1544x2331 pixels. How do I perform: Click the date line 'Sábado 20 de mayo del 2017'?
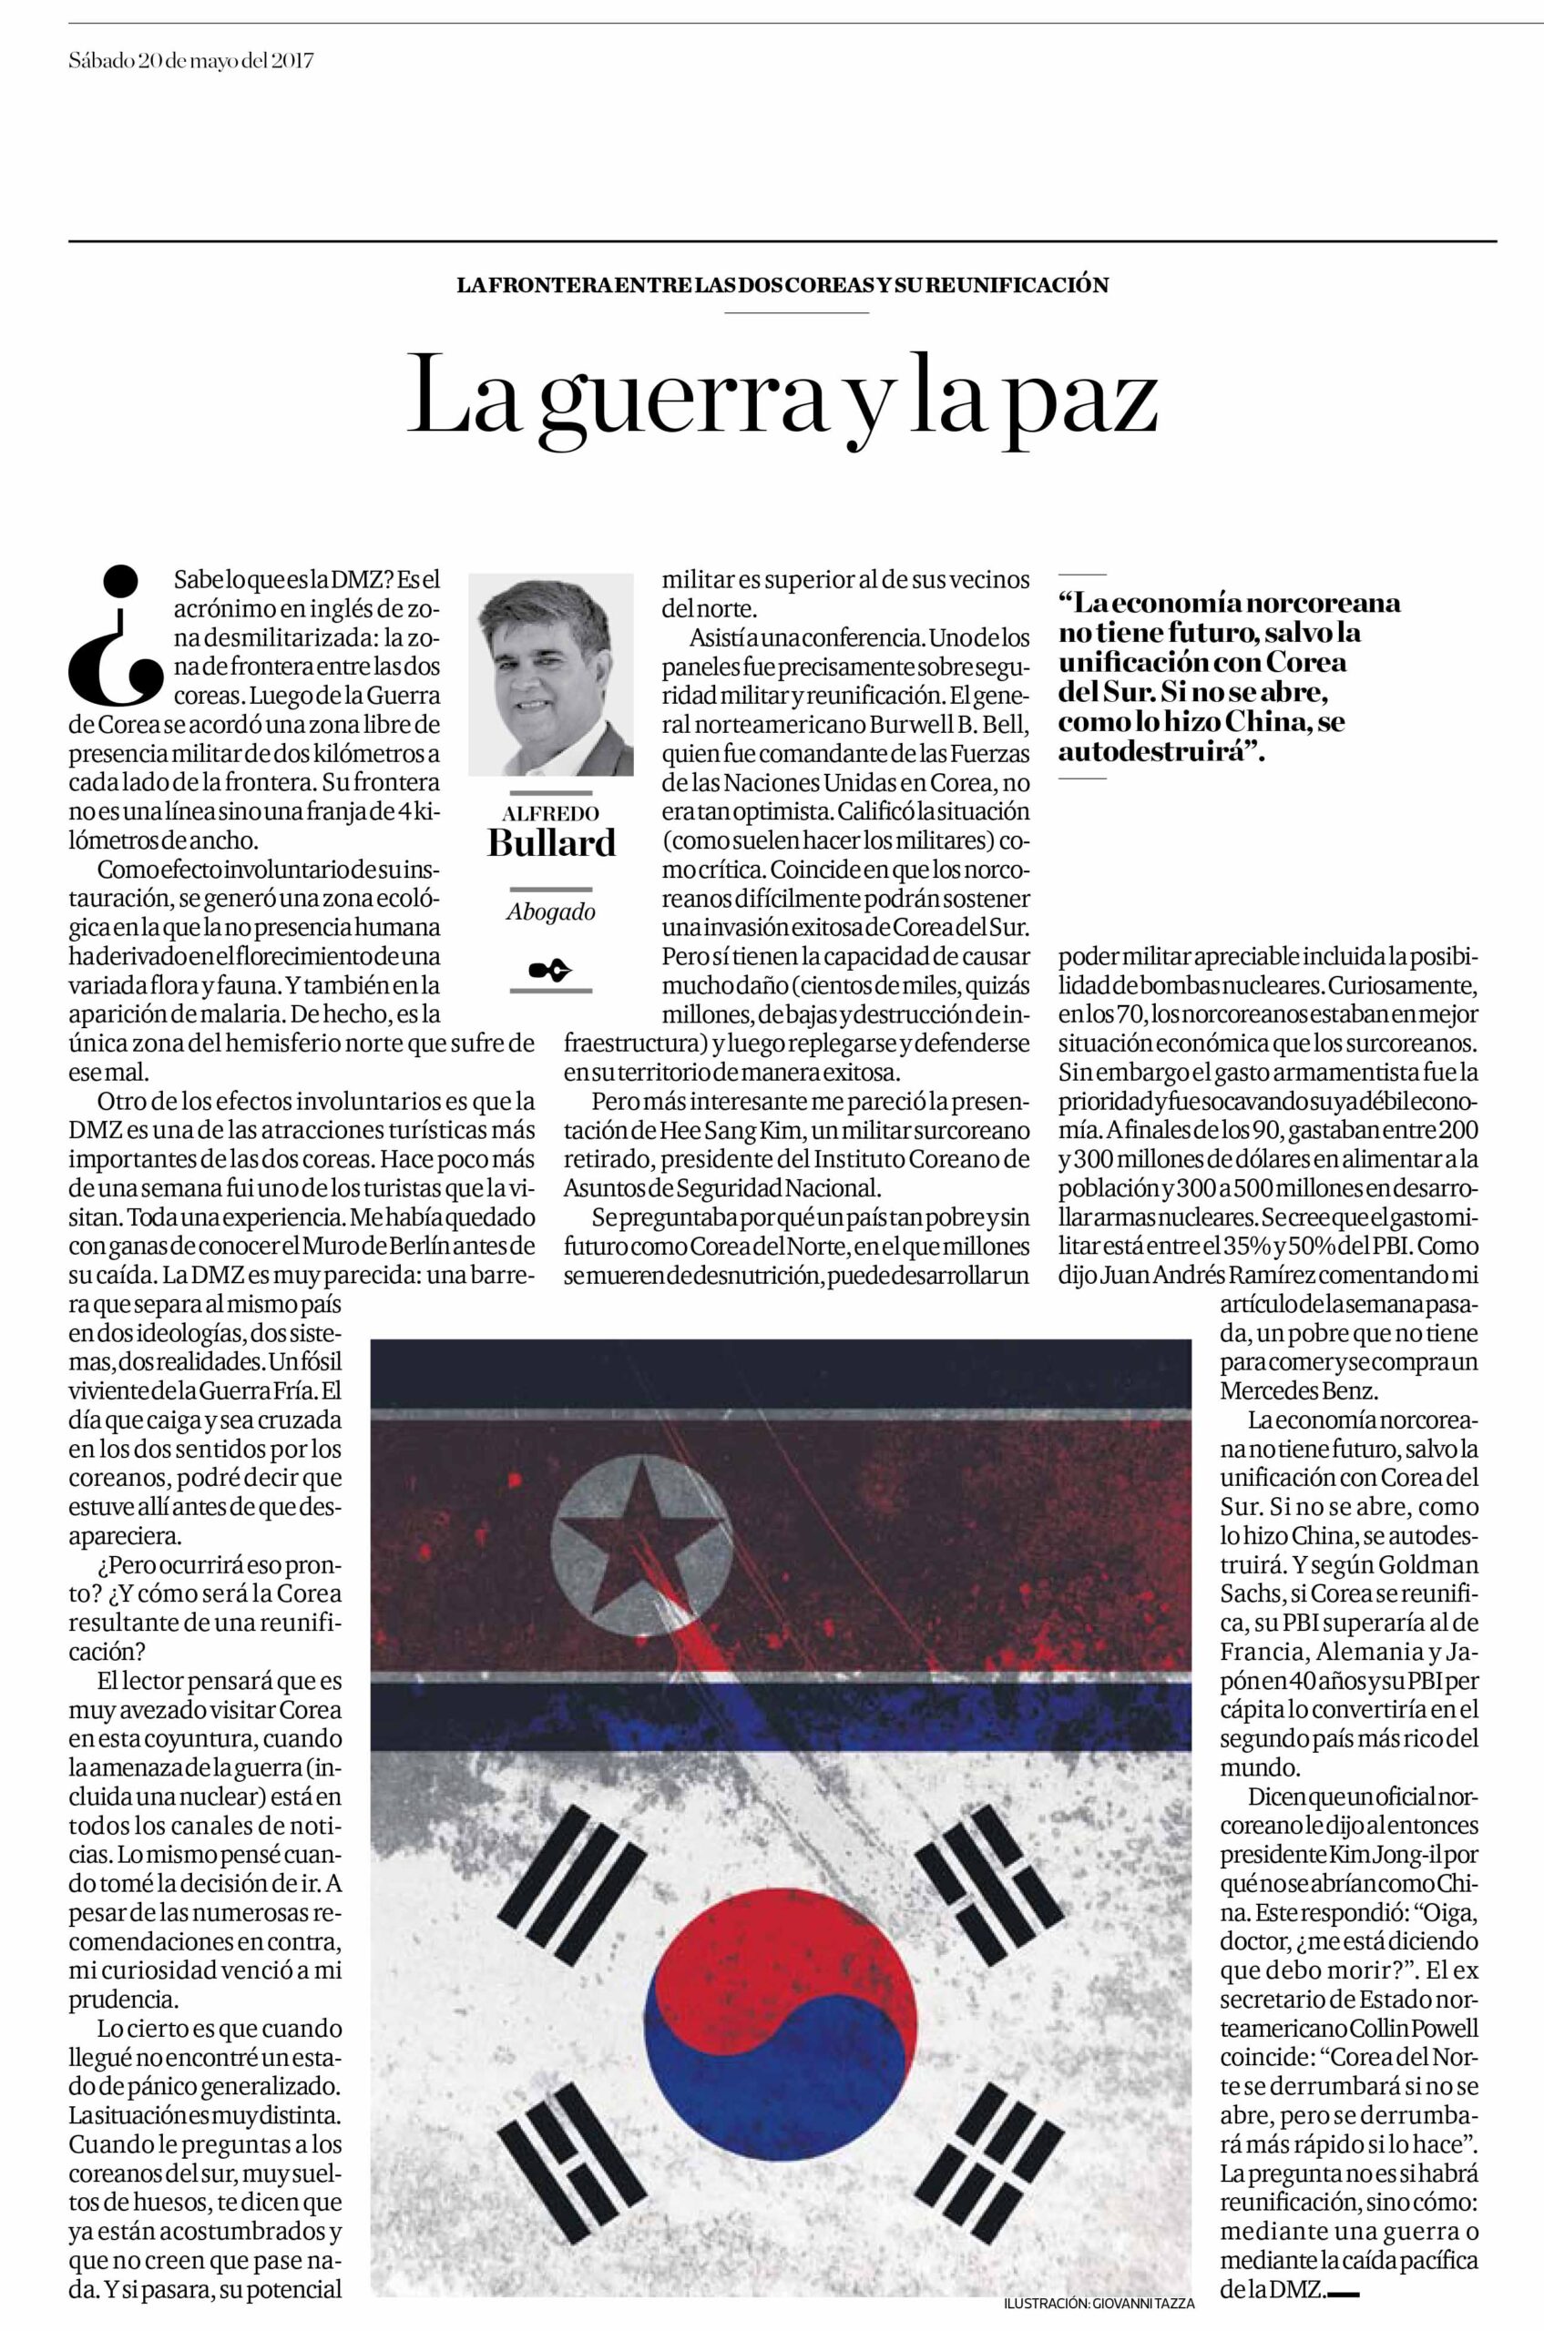tap(191, 61)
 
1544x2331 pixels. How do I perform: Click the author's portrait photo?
tap(550, 676)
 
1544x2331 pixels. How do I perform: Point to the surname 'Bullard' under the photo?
tap(550, 842)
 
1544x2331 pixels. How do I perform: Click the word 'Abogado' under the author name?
tap(550, 911)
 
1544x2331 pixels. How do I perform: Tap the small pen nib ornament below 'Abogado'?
tap(550, 972)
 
